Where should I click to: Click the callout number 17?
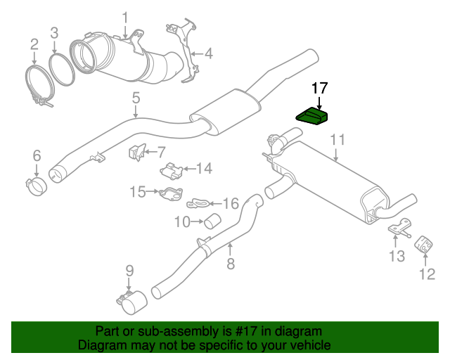(x=319, y=88)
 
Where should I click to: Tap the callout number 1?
(x=125, y=18)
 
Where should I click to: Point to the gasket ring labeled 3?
(x=62, y=68)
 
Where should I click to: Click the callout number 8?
(x=230, y=264)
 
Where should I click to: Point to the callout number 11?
(x=338, y=140)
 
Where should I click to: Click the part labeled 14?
(x=172, y=171)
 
